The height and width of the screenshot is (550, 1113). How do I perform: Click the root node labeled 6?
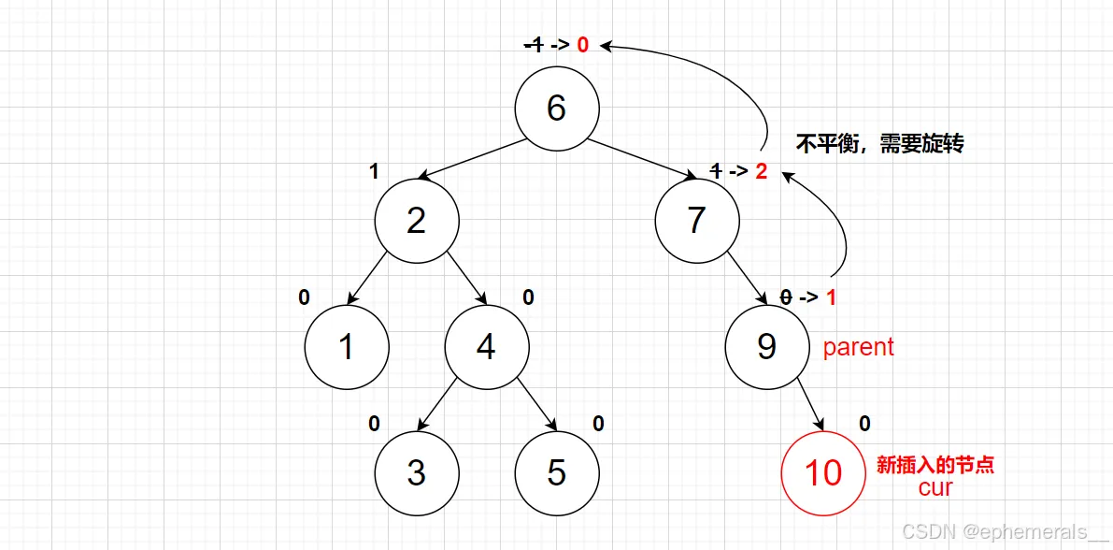coord(556,108)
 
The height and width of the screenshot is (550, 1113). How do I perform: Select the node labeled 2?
coord(417,221)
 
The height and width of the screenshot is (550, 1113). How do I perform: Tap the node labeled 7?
coord(696,221)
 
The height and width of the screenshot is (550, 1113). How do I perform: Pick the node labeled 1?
coord(347,347)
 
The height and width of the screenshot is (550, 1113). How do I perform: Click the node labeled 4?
coord(486,347)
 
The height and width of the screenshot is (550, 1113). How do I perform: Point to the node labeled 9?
coord(766,347)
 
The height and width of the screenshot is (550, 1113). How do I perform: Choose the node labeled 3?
coord(417,472)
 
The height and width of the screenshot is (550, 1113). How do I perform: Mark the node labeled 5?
coord(556,472)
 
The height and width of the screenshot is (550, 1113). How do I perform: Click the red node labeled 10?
coord(823,472)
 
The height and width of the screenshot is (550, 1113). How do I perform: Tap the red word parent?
coord(858,347)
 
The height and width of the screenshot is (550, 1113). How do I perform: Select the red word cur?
coord(935,486)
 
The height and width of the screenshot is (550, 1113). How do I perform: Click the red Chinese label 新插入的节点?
coord(935,465)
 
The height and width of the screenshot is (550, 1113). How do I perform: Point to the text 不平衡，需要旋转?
coord(879,145)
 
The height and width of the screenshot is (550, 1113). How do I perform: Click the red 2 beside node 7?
coord(761,172)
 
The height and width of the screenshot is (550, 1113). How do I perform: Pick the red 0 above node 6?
coord(582,44)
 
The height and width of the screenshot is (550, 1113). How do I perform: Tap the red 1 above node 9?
coord(831,297)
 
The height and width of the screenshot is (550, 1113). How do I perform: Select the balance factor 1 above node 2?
coord(374,172)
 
